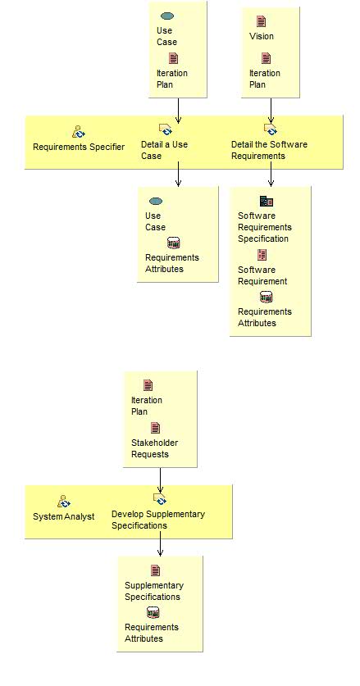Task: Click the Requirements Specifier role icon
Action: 78,131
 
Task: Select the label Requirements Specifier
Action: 79,147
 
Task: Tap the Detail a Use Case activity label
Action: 164,150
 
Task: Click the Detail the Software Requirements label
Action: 269,150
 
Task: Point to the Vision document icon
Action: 261,22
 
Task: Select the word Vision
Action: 262,36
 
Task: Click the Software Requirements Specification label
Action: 264,227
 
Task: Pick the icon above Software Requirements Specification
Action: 266,201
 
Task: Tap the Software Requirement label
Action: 262,275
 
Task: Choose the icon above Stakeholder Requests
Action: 155,428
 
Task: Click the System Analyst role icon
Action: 64,501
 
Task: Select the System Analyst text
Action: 64,516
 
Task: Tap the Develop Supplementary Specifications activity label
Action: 158,520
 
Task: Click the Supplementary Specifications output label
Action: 154,591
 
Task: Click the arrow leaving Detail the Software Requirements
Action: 271,177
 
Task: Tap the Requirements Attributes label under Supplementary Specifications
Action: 152,633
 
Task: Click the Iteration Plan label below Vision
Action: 264,79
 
